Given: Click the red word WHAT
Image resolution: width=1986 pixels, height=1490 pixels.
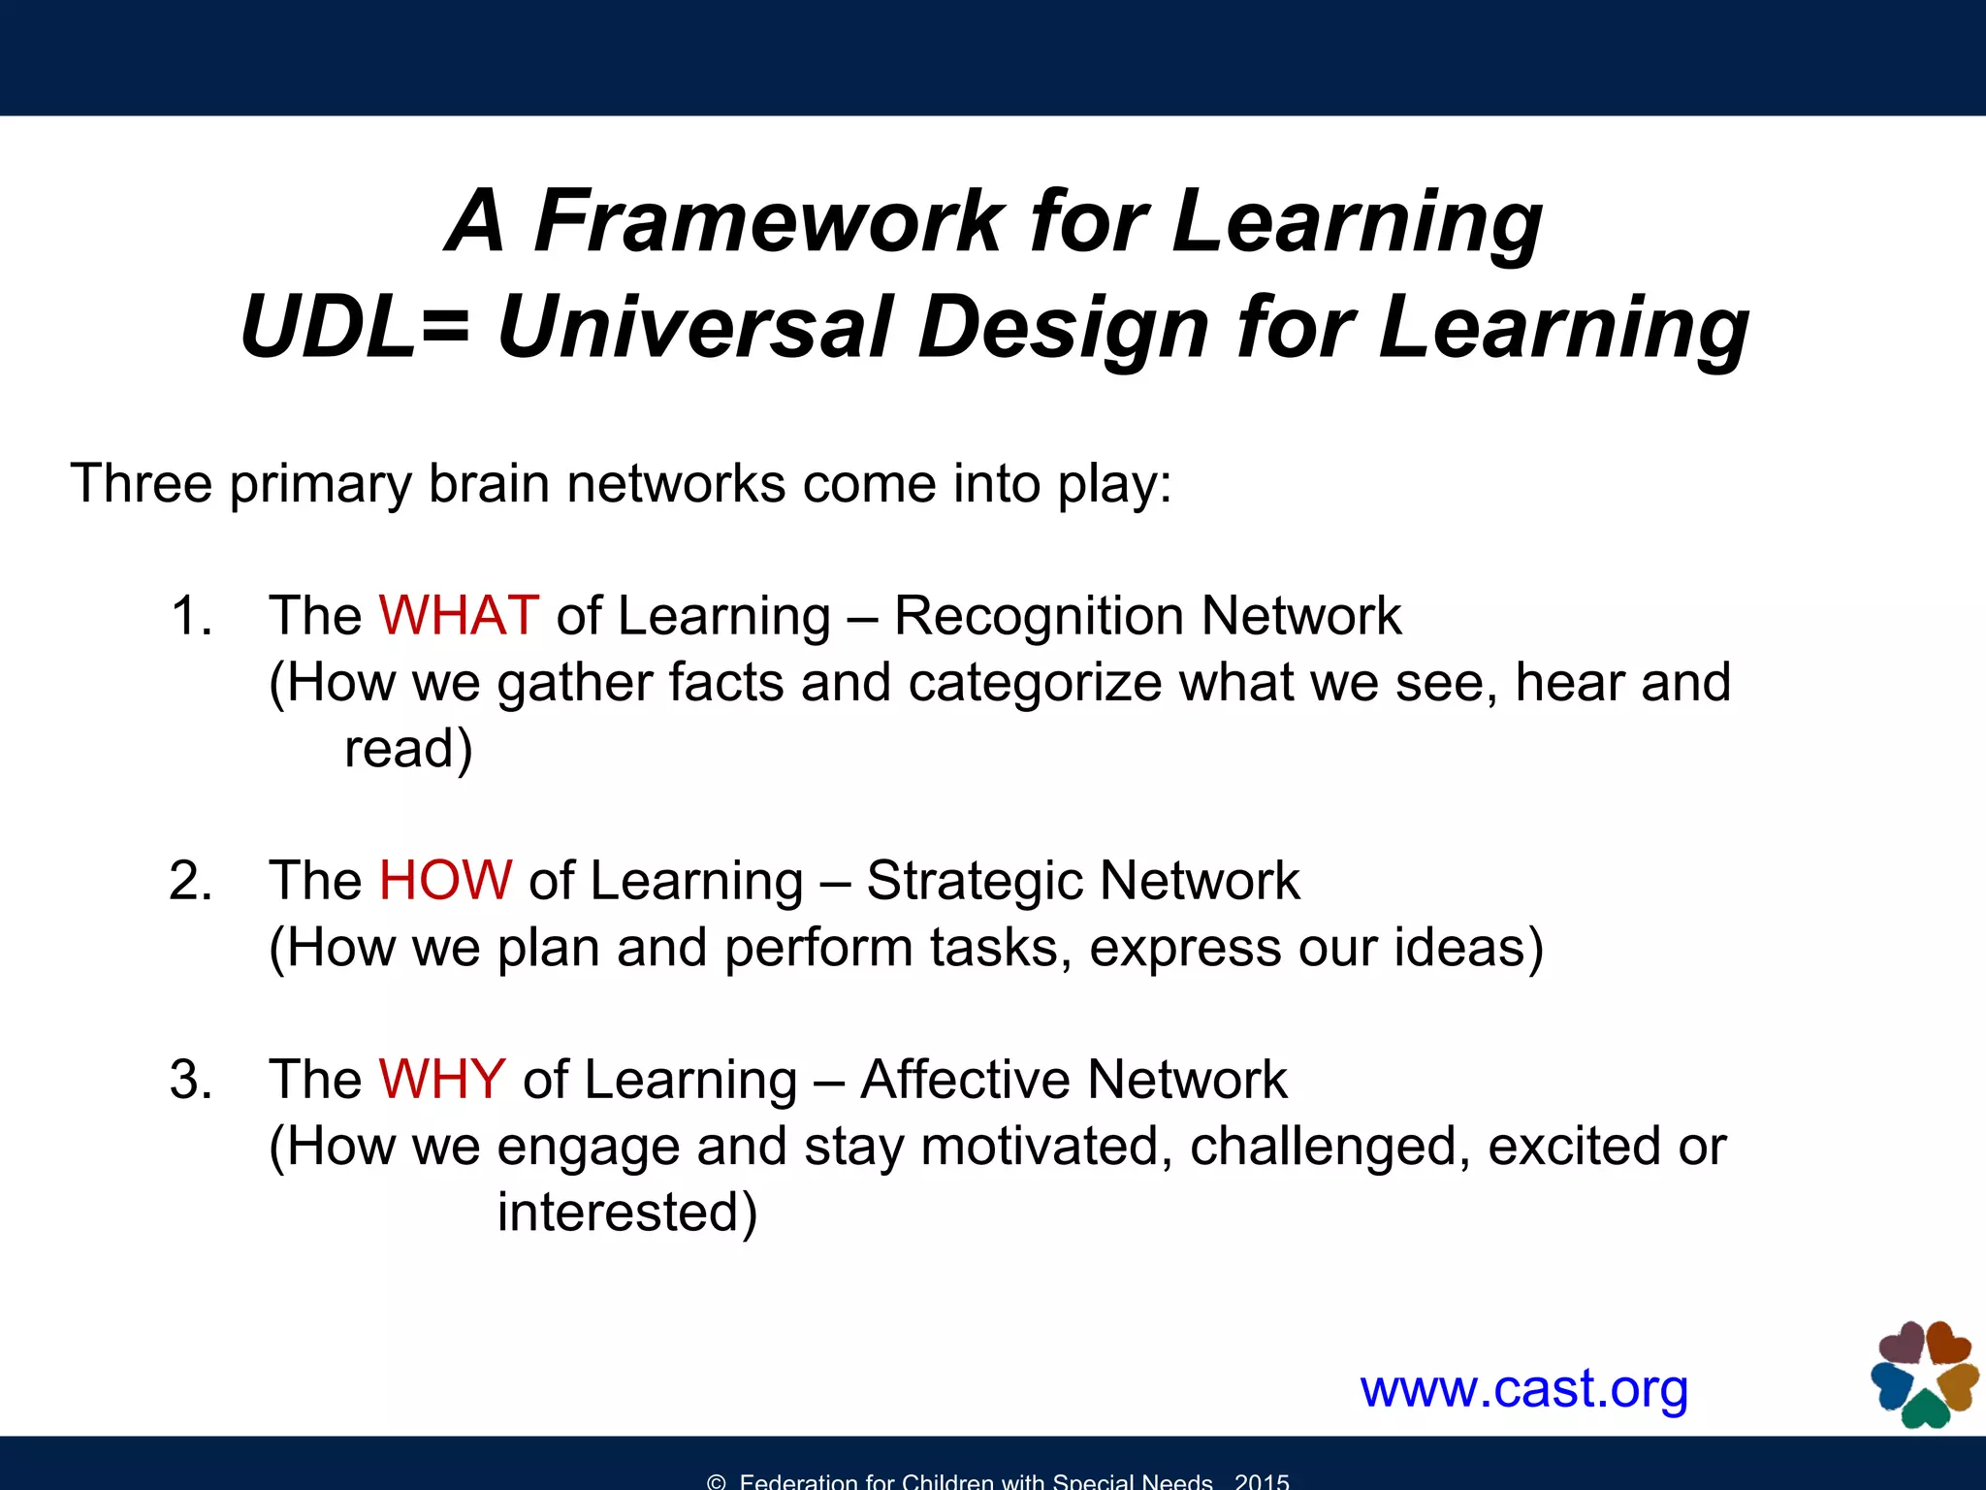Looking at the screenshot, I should pyautogui.click(x=458, y=616).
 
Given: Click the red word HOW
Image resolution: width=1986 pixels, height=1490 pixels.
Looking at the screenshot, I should pyautogui.click(x=445, y=881).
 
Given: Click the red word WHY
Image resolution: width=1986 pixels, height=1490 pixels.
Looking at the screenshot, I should pyautogui.click(x=442, y=1080).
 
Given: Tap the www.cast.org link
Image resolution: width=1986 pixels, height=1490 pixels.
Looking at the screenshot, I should pyautogui.click(x=1523, y=1389).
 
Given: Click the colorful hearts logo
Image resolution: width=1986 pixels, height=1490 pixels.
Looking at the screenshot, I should pyautogui.click(x=1924, y=1375).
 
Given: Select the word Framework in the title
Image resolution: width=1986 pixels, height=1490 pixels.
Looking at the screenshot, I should pyautogui.click(x=770, y=221).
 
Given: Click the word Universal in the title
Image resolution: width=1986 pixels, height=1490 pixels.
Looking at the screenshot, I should pyautogui.click(x=693, y=328).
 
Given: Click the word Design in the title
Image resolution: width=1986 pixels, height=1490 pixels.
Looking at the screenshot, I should pyautogui.click(x=1063, y=328).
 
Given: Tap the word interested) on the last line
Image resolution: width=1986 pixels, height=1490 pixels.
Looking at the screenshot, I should pyautogui.click(x=626, y=1213).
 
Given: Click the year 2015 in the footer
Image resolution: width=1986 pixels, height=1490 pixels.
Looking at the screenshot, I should pyautogui.click(x=1262, y=1480).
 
